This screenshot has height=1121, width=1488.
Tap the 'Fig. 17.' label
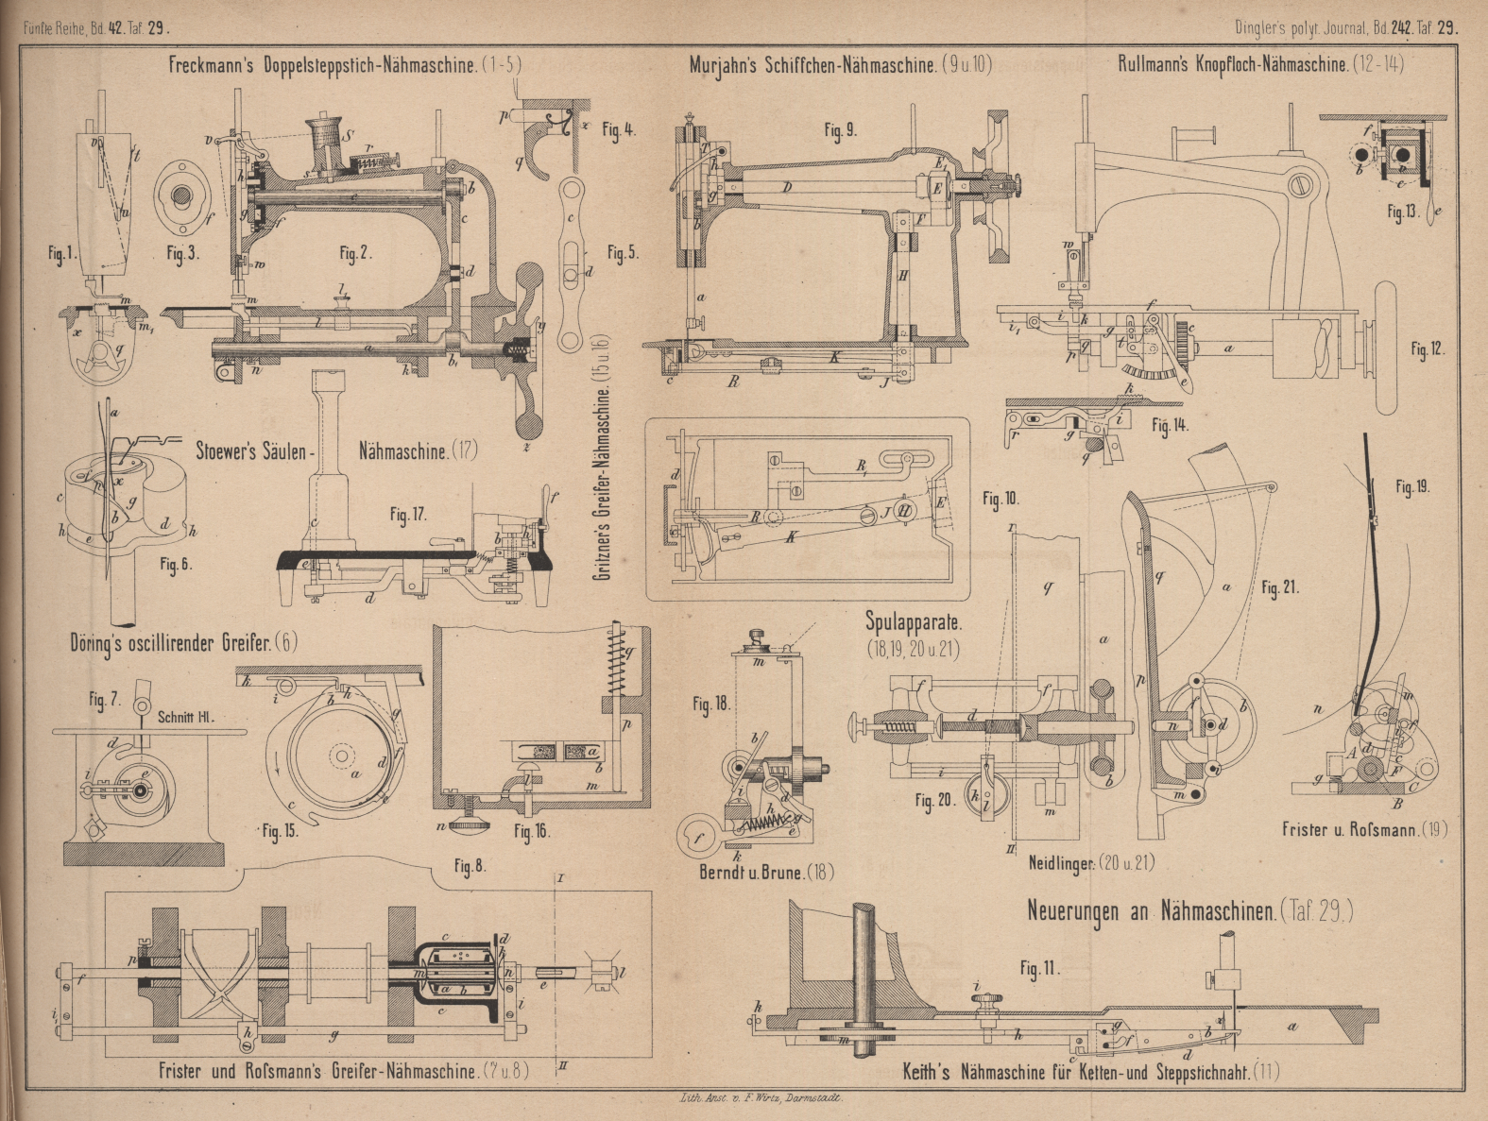(x=408, y=515)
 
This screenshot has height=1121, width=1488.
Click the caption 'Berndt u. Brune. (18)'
(x=766, y=873)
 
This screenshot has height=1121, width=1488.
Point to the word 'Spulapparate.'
(x=914, y=622)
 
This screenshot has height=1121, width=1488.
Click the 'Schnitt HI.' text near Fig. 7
(x=186, y=717)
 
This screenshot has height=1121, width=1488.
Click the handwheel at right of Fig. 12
(x=1386, y=347)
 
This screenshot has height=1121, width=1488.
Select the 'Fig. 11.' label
(x=1039, y=969)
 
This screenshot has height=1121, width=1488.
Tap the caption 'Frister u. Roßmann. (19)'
(x=1364, y=830)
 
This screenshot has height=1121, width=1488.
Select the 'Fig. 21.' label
(x=1280, y=587)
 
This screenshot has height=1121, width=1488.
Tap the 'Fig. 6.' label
(x=175, y=565)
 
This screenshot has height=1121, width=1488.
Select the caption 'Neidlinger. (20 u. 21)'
(x=1090, y=862)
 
